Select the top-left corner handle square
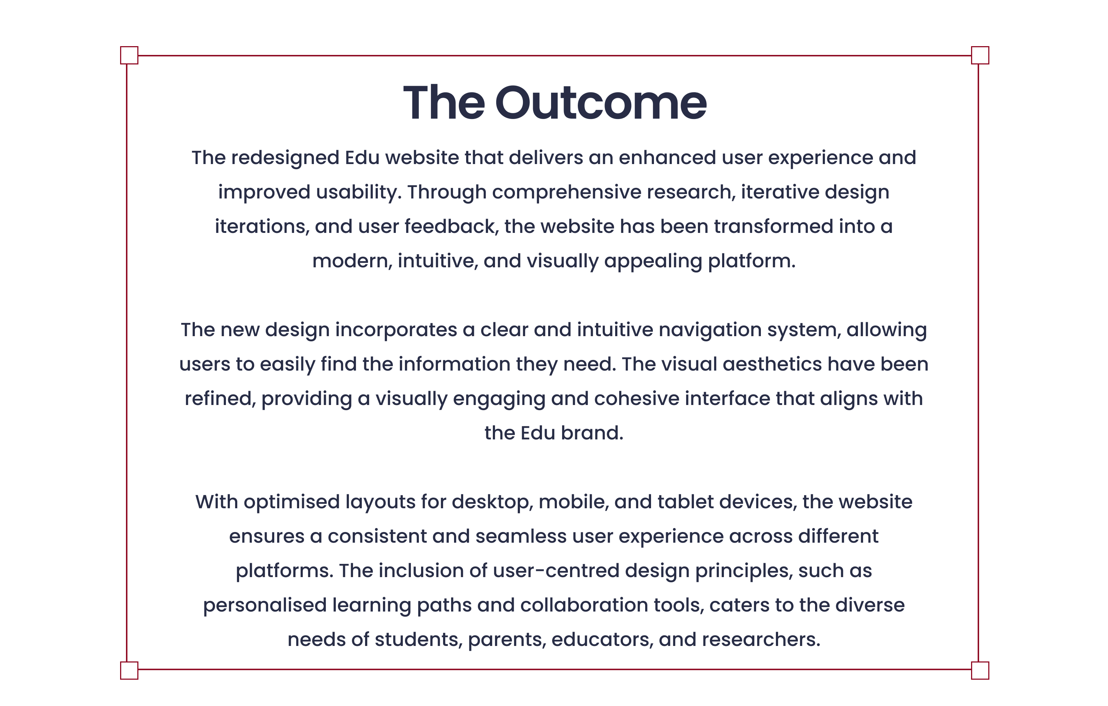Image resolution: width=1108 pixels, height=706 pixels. [x=129, y=55]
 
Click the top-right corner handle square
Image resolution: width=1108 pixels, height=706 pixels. [x=980, y=55]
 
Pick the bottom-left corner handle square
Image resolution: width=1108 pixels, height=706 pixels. [x=129, y=670]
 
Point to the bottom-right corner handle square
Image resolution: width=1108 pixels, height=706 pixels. [x=980, y=670]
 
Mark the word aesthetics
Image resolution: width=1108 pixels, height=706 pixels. [x=773, y=364]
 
